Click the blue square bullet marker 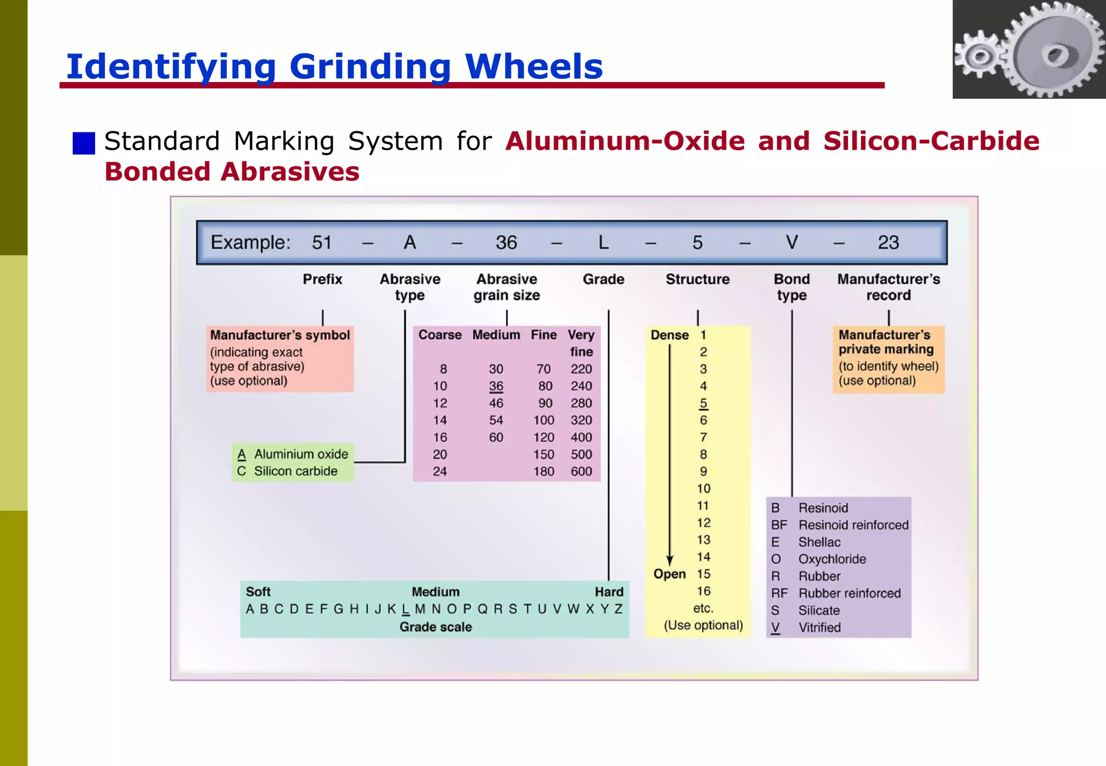click(84, 143)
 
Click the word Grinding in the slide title click(370, 67)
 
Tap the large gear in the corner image click(1056, 51)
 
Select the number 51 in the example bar click(321, 243)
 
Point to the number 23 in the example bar click(888, 243)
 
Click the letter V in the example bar click(791, 243)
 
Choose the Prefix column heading click(322, 279)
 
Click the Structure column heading click(697, 279)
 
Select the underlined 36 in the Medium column click(496, 386)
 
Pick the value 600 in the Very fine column click(581, 472)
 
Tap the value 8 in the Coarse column click(443, 369)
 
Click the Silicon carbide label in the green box click(295, 471)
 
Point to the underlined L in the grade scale click(406, 609)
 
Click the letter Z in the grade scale click(618, 609)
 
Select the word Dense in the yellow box click(669, 335)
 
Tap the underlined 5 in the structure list click(703, 404)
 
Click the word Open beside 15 click(669, 574)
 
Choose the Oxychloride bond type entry click(832, 559)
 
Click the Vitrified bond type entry click(819, 628)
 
